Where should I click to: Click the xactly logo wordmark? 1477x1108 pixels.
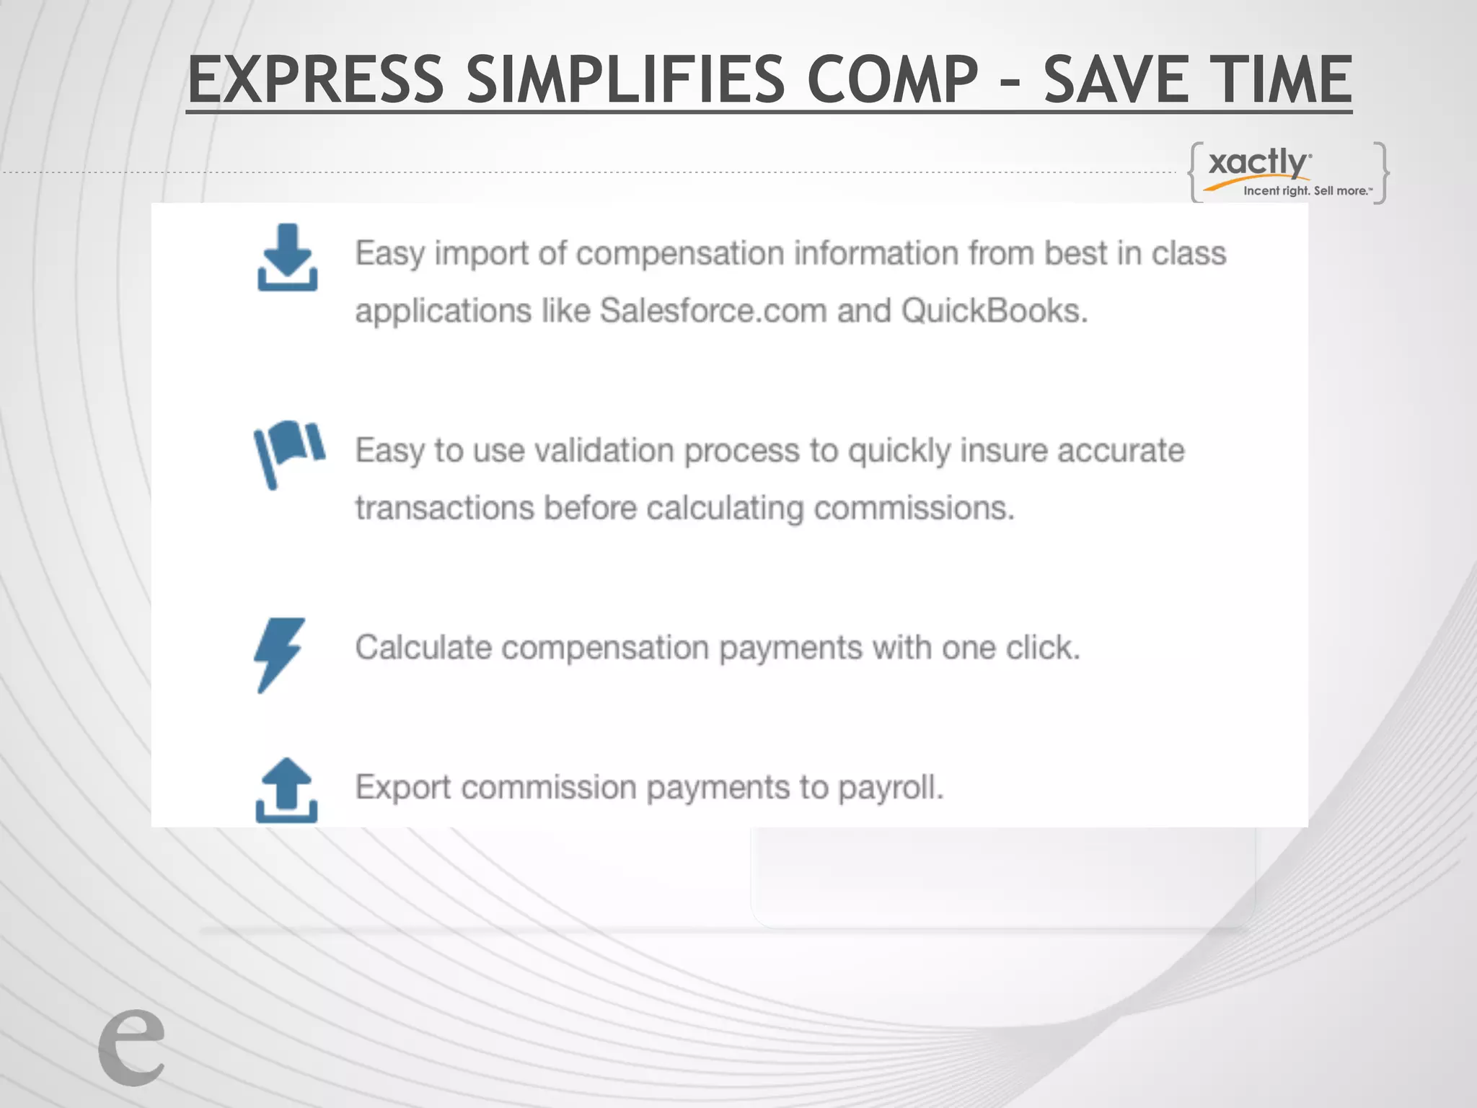(1258, 162)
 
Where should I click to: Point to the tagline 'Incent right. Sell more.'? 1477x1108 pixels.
(1307, 191)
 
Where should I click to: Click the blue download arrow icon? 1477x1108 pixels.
(287, 258)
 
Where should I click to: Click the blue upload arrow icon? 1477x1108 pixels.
(286, 790)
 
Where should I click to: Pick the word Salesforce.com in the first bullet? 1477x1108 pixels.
(713, 311)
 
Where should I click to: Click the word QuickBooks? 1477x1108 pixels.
(993, 311)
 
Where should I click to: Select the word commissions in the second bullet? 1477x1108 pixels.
(913, 508)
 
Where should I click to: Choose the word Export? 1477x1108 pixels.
(403, 787)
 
